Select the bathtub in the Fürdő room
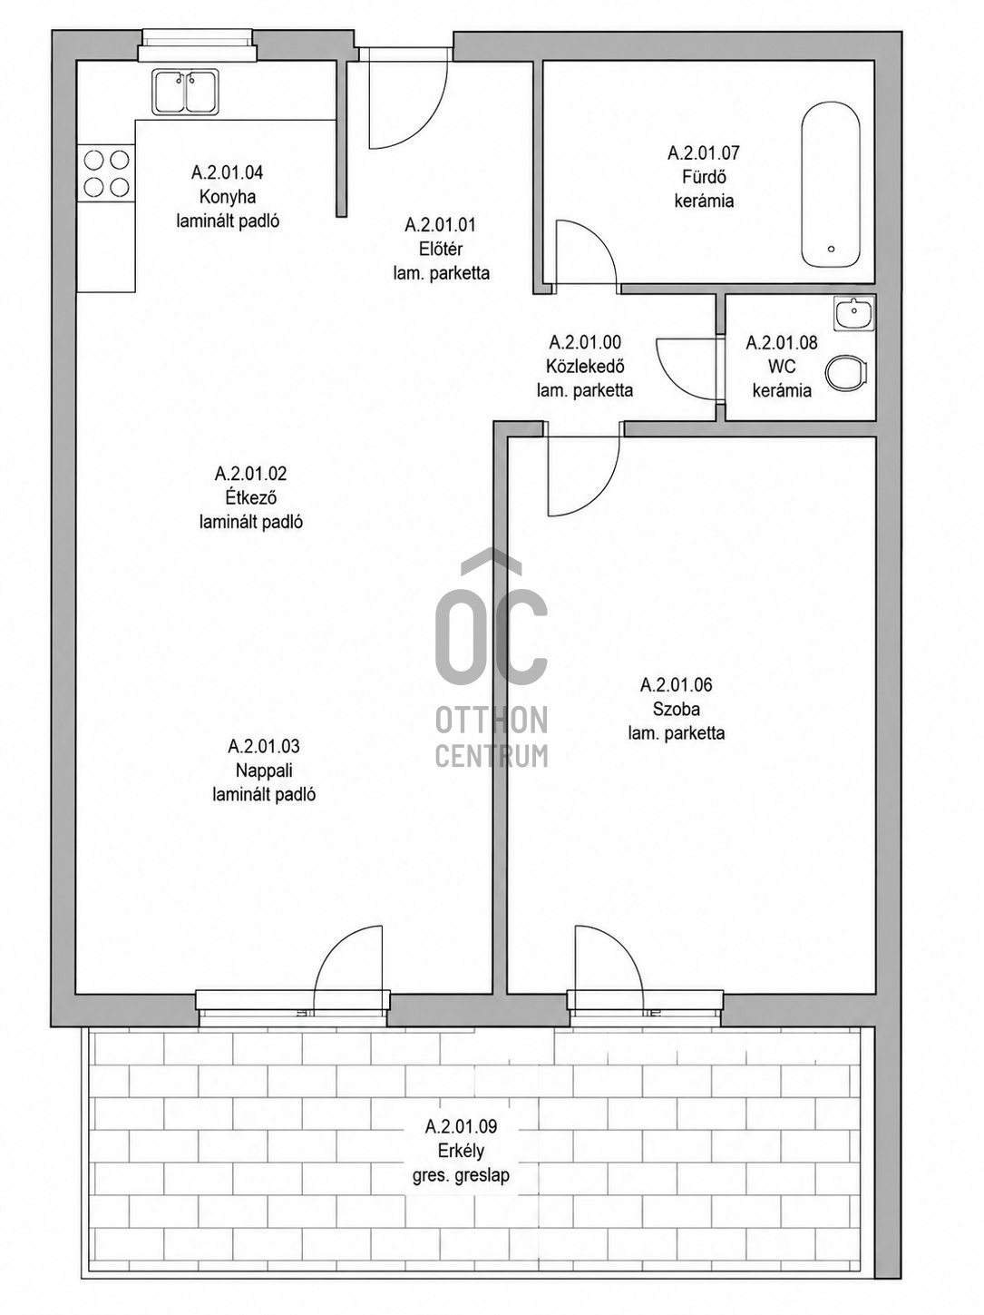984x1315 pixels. [x=830, y=184]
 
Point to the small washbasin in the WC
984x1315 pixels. [x=854, y=313]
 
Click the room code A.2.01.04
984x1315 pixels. [x=227, y=172]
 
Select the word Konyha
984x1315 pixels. [x=228, y=197]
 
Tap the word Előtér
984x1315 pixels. [x=441, y=249]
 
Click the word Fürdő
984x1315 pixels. [x=704, y=177]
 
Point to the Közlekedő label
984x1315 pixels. [x=585, y=366]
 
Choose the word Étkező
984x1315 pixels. [x=251, y=497]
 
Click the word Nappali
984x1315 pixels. [x=264, y=770]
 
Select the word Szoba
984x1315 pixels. [x=677, y=709]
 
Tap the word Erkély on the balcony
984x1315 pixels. [x=461, y=1151]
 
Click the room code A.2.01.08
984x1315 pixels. [x=782, y=343]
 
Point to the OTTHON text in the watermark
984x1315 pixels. [x=492, y=720]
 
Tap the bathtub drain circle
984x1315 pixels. [x=831, y=250]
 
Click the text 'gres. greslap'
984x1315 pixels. [x=461, y=1175]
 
